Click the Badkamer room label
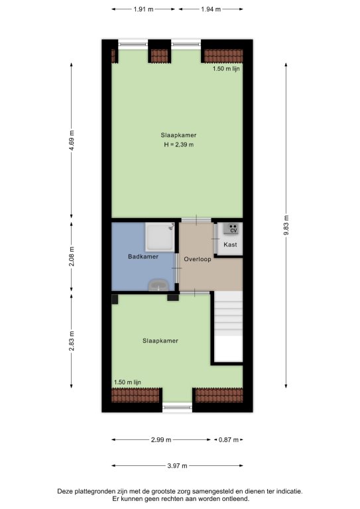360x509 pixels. (x=143, y=256)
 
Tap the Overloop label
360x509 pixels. (x=198, y=259)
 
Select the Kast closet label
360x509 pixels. (x=230, y=245)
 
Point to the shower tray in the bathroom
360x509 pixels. (x=160, y=237)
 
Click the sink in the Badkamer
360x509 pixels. (x=158, y=286)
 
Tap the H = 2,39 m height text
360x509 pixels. (x=178, y=144)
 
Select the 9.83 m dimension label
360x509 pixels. (x=286, y=225)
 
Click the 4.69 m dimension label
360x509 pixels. (x=72, y=141)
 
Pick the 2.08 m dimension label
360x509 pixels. (x=72, y=256)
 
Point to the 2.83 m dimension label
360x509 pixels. (x=72, y=341)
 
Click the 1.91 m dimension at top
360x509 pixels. (x=143, y=9)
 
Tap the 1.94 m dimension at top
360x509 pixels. (x=211, y=9)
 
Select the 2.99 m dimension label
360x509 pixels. (x=161, y=440)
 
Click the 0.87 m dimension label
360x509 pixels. (x=229, y=440)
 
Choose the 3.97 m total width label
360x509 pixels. (x=177, y=466)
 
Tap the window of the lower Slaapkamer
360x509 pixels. (x=177, y=407)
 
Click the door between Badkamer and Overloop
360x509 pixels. (x=177, y=268)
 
